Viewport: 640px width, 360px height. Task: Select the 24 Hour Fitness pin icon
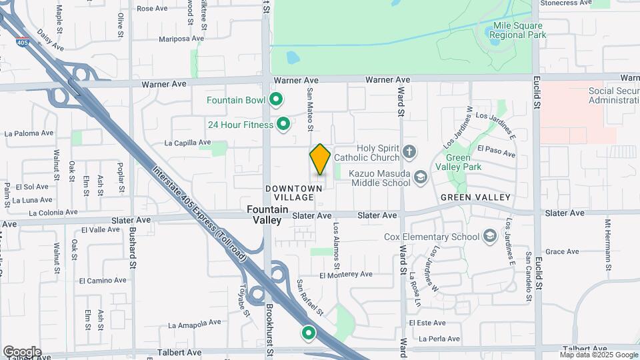coord(283,124)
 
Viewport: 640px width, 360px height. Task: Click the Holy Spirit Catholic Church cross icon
coord(409,153)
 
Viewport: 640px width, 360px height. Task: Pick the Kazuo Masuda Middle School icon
coord(420,177)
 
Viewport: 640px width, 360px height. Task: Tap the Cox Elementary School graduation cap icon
coord(490,237)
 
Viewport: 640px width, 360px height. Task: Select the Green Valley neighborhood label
coord(475,197)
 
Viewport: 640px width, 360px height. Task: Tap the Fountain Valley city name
coord(267,214)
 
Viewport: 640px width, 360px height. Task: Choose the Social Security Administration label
coord(613,95)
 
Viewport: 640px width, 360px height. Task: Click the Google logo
coord(22,351)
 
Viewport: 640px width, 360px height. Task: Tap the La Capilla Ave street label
coord(187,143)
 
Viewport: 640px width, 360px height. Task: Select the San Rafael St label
coord(310,297)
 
